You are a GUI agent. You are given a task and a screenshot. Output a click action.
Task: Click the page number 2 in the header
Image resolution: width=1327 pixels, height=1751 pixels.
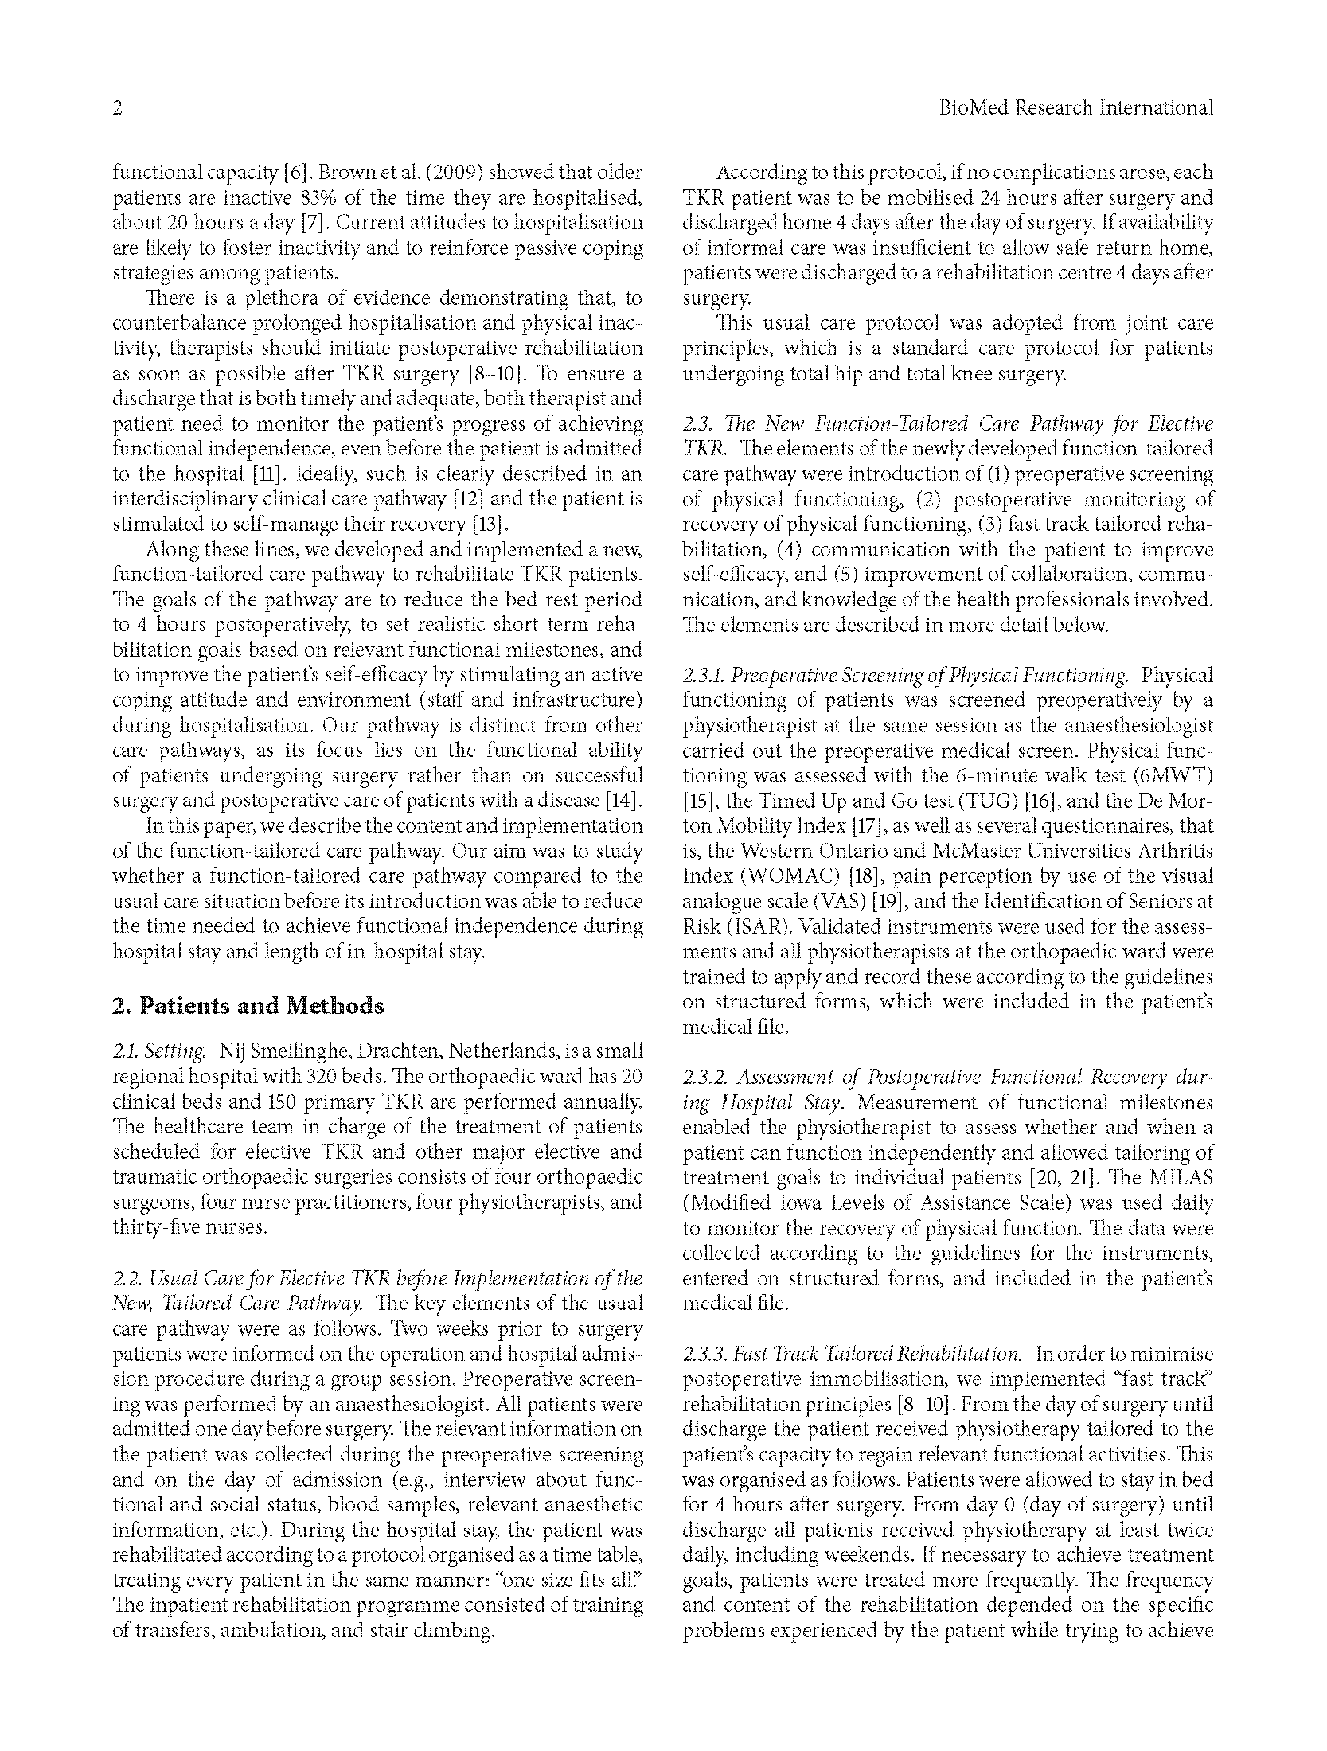[117, 108]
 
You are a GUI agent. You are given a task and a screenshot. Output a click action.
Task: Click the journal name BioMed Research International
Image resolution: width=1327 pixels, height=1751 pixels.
[1075, 108]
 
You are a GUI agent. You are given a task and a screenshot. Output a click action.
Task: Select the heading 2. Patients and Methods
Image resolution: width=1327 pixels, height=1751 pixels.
[248, 1006]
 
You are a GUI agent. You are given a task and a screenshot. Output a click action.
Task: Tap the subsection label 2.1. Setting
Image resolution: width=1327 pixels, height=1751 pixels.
[159, 1051]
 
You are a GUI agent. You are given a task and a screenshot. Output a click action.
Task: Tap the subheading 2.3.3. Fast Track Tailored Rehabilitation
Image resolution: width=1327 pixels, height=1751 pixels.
[852, 1354]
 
